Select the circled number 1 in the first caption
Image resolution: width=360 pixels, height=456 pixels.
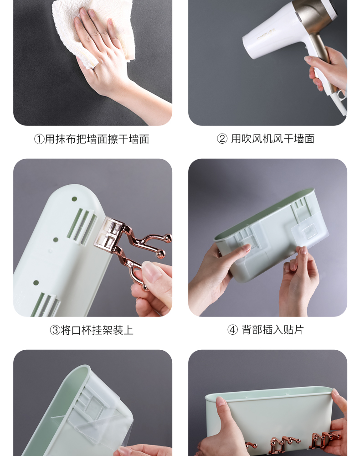(x=39, y=139)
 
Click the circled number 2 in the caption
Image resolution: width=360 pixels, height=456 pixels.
(x=222, y=139)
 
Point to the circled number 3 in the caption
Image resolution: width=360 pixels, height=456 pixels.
(x=55, y=330)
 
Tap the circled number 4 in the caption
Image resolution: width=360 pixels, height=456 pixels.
(x=232, y=330)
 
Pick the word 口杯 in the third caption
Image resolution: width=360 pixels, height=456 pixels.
(x=82, y=330)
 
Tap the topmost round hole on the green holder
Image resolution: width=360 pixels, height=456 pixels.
(x=74, y=199)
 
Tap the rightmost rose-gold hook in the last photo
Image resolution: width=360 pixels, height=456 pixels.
(x=324, y=440)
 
